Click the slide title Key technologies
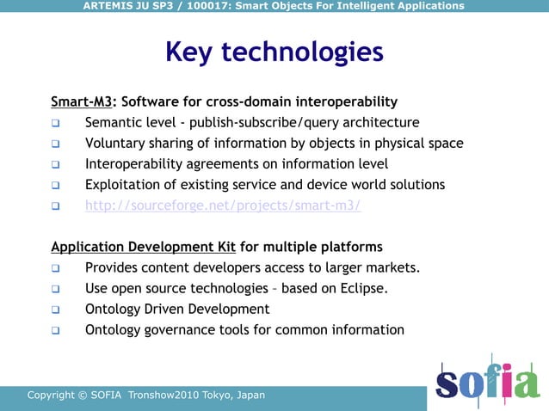point(274,52)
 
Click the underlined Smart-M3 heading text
point(82,101)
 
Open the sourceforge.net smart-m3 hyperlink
point(223,205)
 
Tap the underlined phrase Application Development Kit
point(143,247)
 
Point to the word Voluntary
point(116,144)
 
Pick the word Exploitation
point(123,185)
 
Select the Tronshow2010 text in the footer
point(163,396)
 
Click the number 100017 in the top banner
point(204,6)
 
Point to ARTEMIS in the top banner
point(111,6)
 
